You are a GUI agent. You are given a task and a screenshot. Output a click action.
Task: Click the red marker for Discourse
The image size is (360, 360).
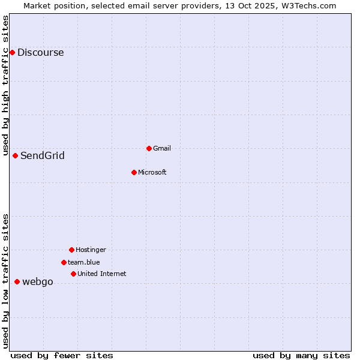pyautogui.click(x=12, y=52)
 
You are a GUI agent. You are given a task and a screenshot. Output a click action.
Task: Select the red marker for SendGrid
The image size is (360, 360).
pyautogui.click(x=16, y=155)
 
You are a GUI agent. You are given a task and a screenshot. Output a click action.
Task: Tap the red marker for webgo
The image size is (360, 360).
pyautogui.click(x=17, y=281)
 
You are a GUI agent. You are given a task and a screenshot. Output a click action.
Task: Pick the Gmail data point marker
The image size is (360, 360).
pyautogui.click(x=149, y=148)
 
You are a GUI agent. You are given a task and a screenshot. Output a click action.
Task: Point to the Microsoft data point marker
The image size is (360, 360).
pyautogui.click(x=134, y=172)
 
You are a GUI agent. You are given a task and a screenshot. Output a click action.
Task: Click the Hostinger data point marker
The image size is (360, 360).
pyautogui.click(x=71, y=250)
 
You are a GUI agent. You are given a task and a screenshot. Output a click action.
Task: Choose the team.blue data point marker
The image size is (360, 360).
pyautogui.click(x=64, y=262)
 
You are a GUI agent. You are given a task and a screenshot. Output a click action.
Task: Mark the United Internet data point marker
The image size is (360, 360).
pyautogui.click(x=73, y=274)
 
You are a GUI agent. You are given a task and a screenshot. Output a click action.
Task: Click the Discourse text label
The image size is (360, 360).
pyautogui.click(x=40, y=53)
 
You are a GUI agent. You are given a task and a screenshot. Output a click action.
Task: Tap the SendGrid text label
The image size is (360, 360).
pyautogui.click(x=43, y=156)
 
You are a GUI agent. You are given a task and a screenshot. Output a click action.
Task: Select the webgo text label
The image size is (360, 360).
pyautogui.click(x=38, y=282)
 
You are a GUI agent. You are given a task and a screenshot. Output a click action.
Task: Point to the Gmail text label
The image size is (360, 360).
pyautogui.click(x=162, y=148)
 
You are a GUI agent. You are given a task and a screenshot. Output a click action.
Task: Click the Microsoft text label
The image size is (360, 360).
pyautogui.click(x=152, y=172)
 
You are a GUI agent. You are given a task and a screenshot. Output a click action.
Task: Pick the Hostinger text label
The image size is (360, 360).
pyautogui.click(x=91, y=250)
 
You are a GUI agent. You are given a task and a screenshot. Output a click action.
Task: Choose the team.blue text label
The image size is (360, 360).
pyautogui.click(x=84, y=262)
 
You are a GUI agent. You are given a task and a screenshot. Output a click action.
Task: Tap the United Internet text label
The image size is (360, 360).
pyautogui.click(x=102, y=274)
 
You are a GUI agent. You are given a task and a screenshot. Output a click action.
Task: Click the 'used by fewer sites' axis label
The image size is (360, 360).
pyautogui.click(x=62, y=355)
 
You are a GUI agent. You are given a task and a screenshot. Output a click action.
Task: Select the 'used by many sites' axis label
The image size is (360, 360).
pyautogui.click(x=301, y=355)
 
